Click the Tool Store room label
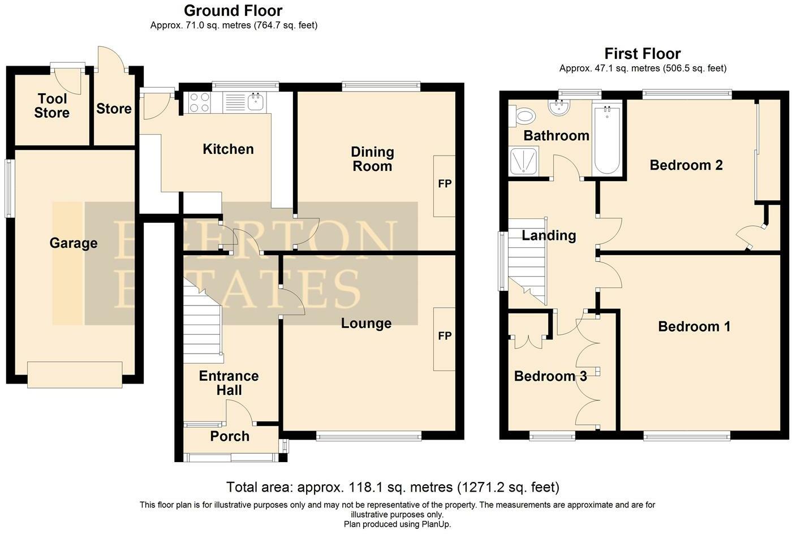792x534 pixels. click(51, 106)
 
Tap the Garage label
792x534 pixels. click(74, 243)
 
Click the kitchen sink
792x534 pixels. click(256, 102)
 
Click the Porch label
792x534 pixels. click(230, 436)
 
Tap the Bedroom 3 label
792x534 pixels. click(550, 376)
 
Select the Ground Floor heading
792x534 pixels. click(233, 10)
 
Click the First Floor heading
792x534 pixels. click(643, 54)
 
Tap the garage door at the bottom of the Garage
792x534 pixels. click(75, 374)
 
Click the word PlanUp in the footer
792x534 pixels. click(434, 524)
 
